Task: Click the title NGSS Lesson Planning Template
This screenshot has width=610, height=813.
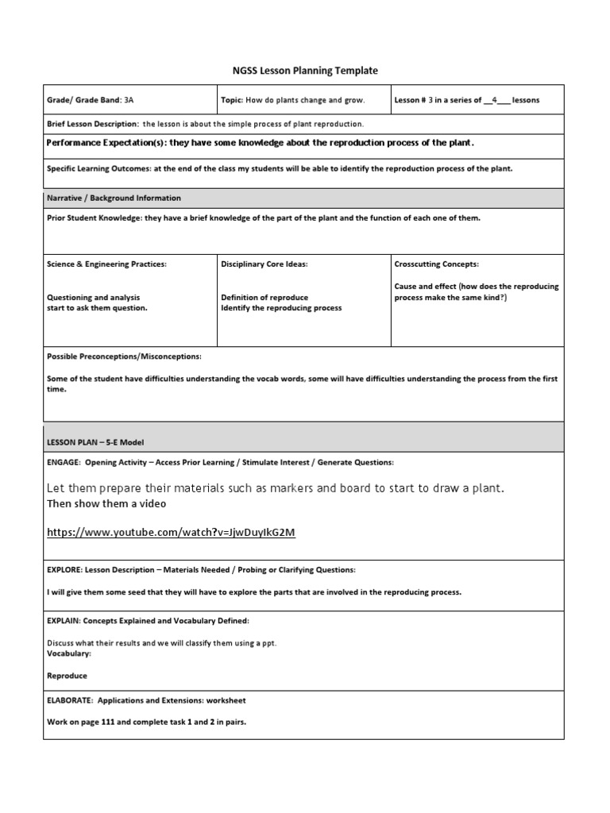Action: tap(305, 71)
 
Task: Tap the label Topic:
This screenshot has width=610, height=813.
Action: tap(231, 100)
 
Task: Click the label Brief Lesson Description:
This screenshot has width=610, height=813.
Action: tap(93, 125)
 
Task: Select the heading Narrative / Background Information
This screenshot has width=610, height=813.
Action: tap(114, 198)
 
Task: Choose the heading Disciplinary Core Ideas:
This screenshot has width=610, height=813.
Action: tap(264, 264)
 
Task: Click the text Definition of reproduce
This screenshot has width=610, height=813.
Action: tap(264, 298)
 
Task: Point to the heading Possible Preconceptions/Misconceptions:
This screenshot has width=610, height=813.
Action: tap(124, 356)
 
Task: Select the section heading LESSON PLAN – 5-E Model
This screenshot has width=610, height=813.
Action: tap(95, 441)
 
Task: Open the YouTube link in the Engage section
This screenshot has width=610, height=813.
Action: tap(171, 533)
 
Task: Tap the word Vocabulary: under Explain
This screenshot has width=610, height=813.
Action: tap(69, 653)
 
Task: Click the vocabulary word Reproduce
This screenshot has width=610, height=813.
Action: tap(67, 676)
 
